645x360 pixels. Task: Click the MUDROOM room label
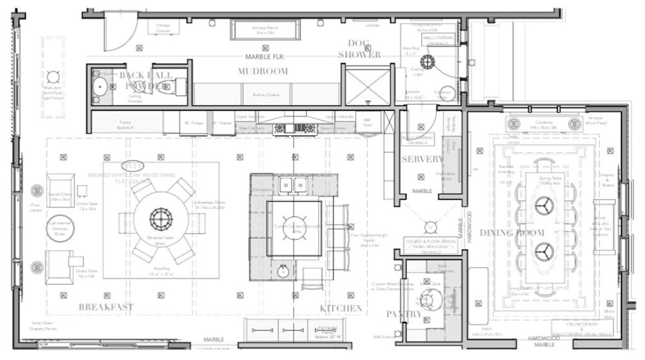pos(263,71)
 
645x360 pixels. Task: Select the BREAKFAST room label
pos(106,307)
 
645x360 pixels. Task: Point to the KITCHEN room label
pos(341,308)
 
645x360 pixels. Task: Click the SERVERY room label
pos(422,159)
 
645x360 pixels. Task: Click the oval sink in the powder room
pos(99,87)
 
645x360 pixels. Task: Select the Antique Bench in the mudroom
pos(265,30)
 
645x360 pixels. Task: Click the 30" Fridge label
pos(193,122)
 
